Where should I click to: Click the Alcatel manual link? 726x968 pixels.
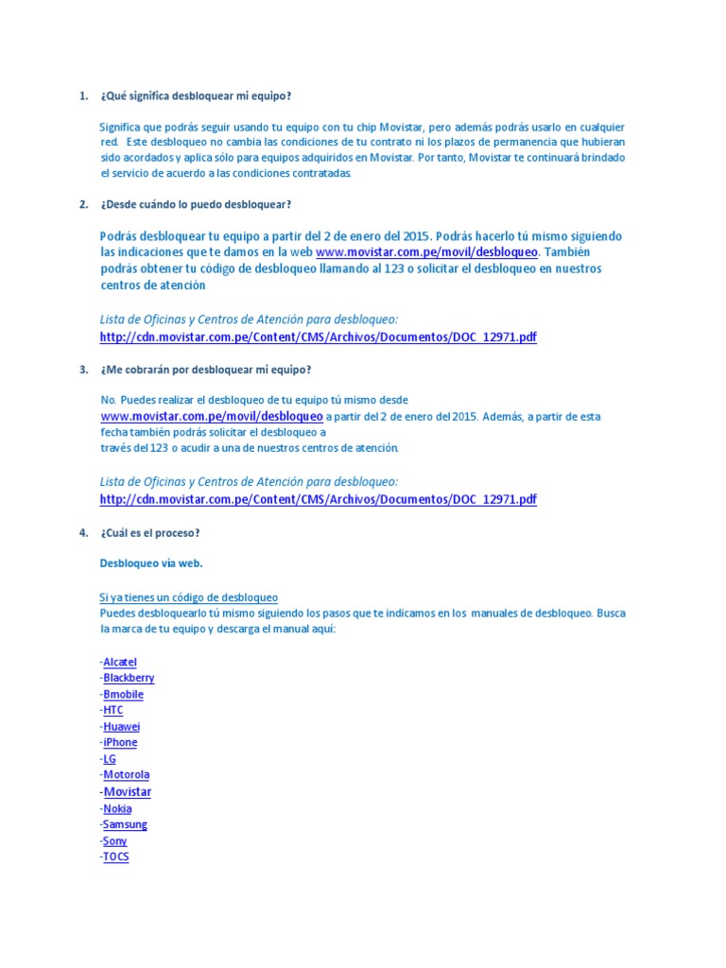pos(120,662)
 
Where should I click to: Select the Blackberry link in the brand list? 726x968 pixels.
pos(129,678)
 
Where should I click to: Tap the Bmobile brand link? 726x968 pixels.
pos(123,694)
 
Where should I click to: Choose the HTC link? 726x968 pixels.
pos(112,710)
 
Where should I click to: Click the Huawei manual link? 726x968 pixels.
pos(121,727)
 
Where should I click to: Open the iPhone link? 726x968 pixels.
pos(120,743)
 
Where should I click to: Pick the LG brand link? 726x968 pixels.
pos(109,759)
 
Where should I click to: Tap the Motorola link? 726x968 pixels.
pos(126,775)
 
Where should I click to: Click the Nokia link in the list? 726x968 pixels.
pos(117,808)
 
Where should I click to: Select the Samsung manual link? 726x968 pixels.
pos(125,824)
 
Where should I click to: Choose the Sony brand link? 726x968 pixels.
pos(114,841)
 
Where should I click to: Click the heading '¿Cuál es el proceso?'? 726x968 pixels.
pos(150,533)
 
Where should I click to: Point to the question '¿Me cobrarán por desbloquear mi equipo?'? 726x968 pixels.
pos(205,369)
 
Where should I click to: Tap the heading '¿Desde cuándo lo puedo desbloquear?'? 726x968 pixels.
pos(196,204)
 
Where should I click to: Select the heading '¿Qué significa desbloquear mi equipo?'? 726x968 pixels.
pos(196,96)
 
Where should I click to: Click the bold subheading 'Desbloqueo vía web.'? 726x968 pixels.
pos(151,563)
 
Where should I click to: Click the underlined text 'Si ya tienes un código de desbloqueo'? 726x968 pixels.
pos(188,597)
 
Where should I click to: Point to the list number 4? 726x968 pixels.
pos(83,533)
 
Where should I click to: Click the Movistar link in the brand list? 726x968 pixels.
pos(127,792)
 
